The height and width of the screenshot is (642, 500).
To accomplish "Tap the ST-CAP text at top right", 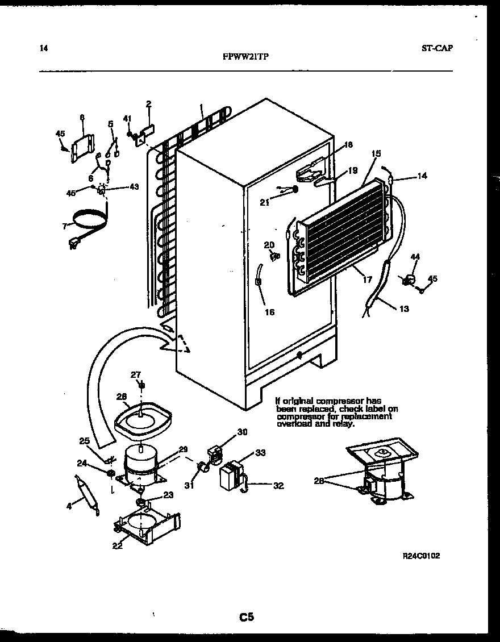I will click(x=437, y=49).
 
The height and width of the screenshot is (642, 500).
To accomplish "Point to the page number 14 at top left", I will click(x=44, y=49).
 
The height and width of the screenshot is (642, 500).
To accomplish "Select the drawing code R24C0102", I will click(x=420, y=556).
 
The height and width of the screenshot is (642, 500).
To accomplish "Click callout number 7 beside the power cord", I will click(x=65, y=226).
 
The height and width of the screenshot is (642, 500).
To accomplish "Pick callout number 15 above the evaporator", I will click(x=376, y=153).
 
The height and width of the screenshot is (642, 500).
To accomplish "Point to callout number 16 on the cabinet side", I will click(x=269, y=312).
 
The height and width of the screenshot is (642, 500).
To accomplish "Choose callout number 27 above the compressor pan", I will click(x=135, y=374).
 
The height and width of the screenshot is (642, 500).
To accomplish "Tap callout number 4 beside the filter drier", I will click(x=69, y=504).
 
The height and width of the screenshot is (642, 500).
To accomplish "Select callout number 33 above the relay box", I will click(x=260, y=453).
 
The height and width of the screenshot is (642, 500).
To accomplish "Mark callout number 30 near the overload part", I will click(x=242, y=432).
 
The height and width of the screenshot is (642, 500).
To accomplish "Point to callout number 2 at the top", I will click(x=148, y=104).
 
